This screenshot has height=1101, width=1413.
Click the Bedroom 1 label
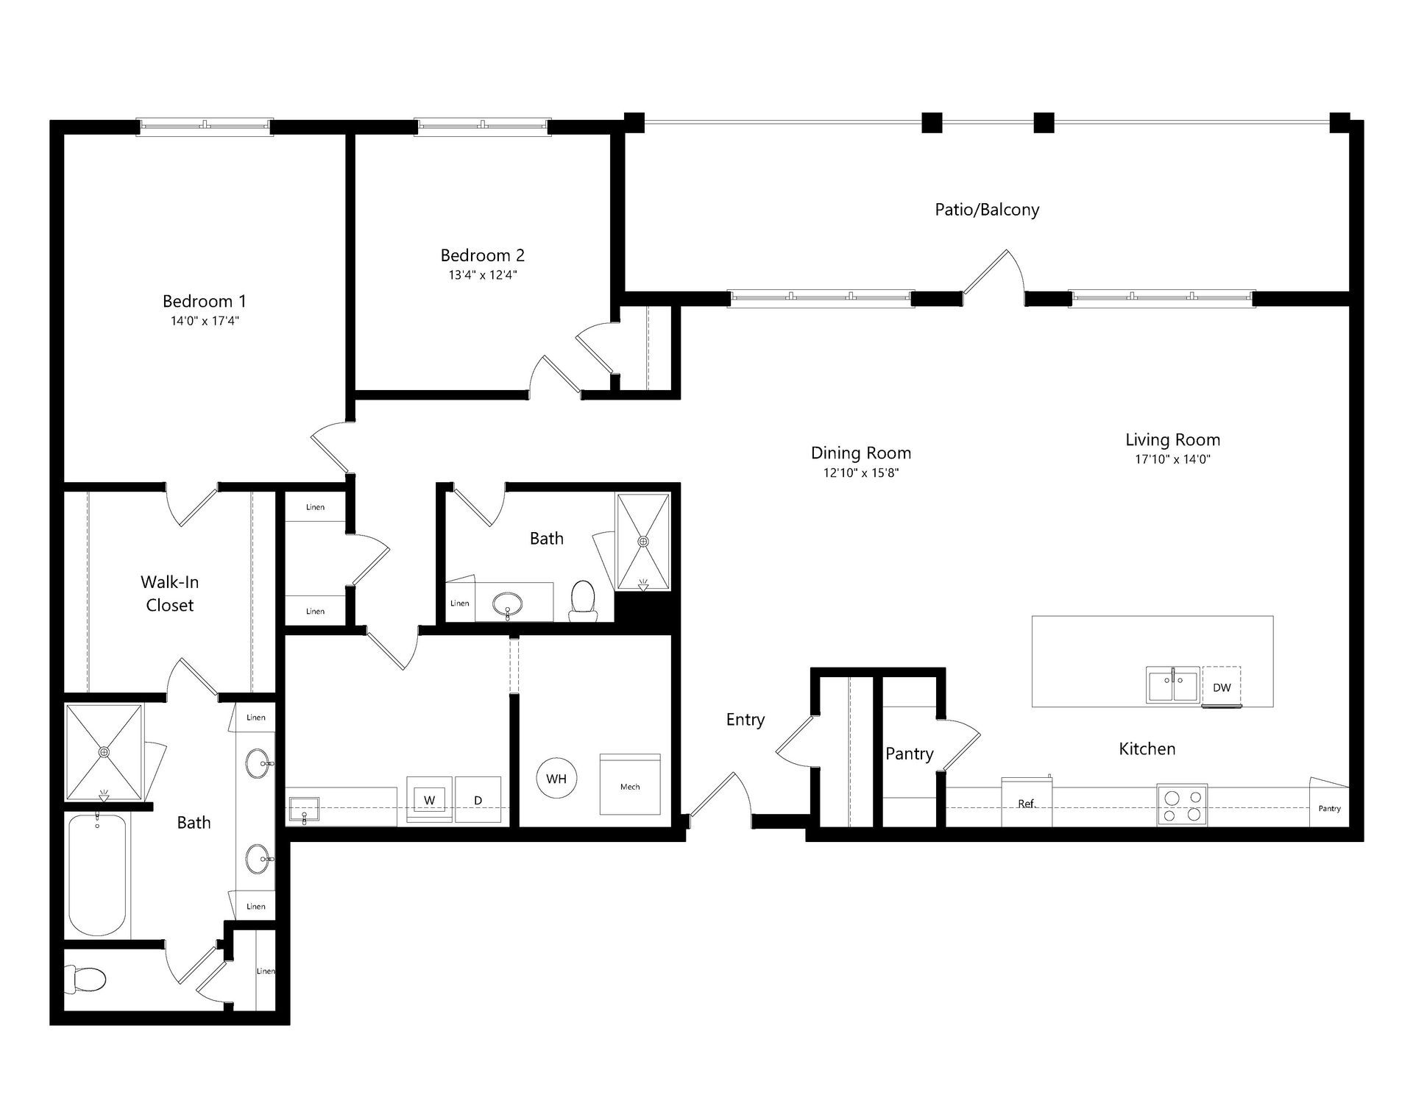click(x=205, y=301)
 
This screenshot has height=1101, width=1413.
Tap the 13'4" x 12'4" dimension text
click(x=483, y=275)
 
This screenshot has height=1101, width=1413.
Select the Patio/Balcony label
click(x=987, y=210)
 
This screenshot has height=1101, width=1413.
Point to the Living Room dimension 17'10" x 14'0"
click(x=1173, y=459)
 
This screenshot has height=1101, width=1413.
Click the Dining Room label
click(x=861, y=453)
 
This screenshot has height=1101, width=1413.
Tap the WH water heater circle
click(x=556, y=779)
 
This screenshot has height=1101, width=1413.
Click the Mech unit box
click(x=630, y=785)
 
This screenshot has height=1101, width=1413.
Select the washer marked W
click(x=430, y=800)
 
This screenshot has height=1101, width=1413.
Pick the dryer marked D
click(x=478, y=800)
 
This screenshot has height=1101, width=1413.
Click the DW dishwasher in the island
click(x=1222, y=687)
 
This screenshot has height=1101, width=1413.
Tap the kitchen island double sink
click(x=1173, y=685)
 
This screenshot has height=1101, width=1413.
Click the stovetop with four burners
click(x=1182, y=804)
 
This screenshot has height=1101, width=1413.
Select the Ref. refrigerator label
click(x=1027, y=804)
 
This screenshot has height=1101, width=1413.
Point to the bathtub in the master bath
click(x=97, y=874)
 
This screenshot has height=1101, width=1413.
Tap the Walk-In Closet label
click(x=170, y=594)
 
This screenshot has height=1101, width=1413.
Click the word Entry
click(x=746, y=720)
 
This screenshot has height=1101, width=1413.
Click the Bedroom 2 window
click(x=483, y=127)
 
